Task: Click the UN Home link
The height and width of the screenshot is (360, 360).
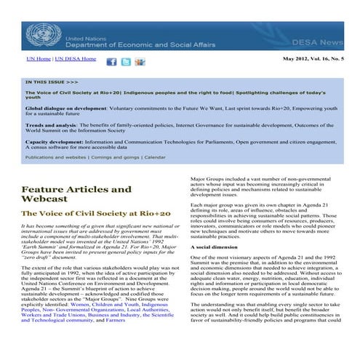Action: (39, 58)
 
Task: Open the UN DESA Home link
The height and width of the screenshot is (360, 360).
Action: (76, 58)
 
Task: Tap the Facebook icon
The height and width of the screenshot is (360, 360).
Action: (112, 61)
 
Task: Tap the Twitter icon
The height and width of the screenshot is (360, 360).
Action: (126, 61)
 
